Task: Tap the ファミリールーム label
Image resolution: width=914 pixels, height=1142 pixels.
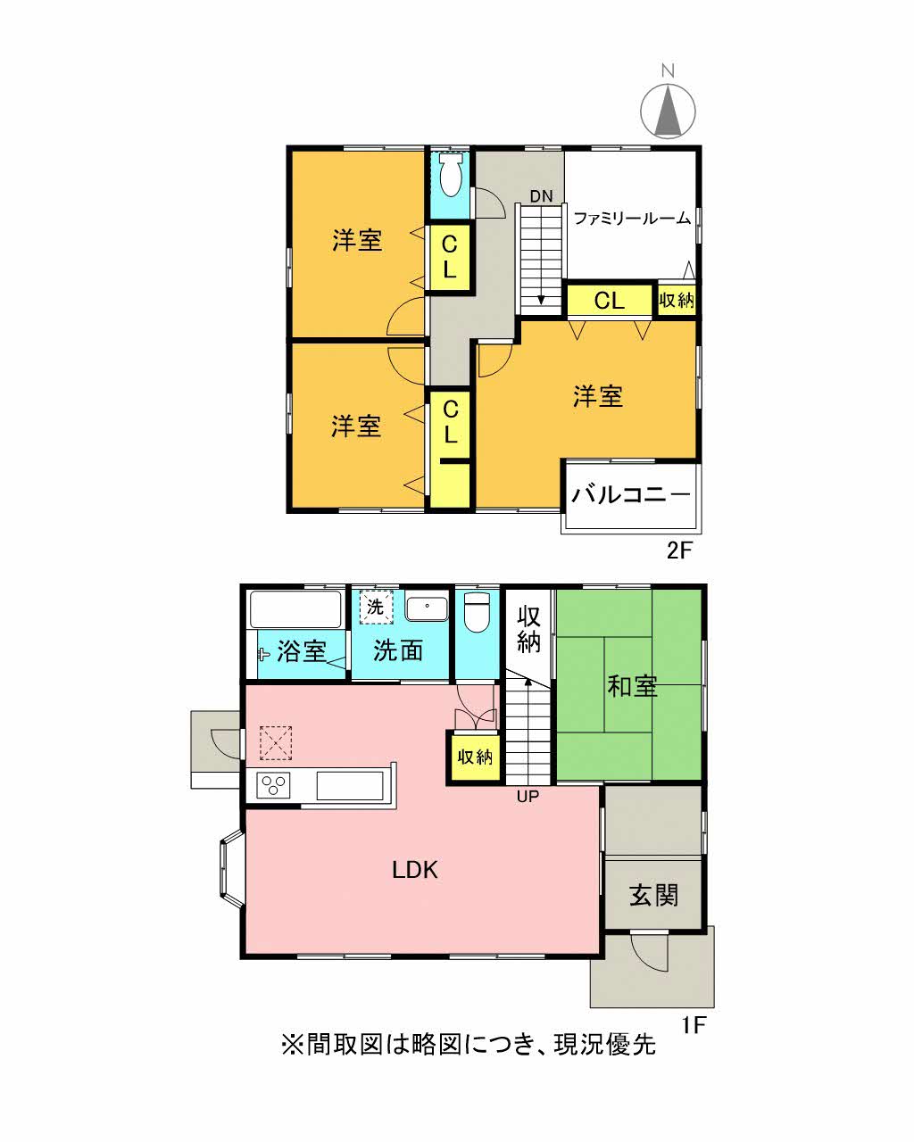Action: (631, 218)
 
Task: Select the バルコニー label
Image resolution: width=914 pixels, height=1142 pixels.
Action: (630, 494)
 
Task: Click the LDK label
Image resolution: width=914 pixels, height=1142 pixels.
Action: (415, 870)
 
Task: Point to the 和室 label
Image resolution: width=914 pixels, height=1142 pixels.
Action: (632, 686)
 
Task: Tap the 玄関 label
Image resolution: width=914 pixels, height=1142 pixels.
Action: (653, 895)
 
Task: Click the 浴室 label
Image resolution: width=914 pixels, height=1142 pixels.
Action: (301, 651)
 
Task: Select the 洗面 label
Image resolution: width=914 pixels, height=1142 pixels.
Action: (398, 651)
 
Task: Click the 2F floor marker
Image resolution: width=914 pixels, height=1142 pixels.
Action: (679, 550)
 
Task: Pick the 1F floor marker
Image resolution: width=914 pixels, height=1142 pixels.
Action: (694, 1025)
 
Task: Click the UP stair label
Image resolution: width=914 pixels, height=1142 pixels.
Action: (528, 797)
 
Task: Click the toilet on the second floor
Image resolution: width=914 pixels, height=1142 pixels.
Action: (451, 178)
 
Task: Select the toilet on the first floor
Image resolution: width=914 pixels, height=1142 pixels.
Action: (477, 612)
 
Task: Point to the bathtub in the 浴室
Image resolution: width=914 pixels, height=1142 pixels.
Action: (295, 609)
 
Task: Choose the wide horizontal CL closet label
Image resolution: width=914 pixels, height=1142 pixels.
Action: (610, 301)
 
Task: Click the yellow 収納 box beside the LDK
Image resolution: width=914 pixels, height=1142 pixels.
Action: (475, 757)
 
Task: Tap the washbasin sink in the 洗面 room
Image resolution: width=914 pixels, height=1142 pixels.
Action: (428, 608)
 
